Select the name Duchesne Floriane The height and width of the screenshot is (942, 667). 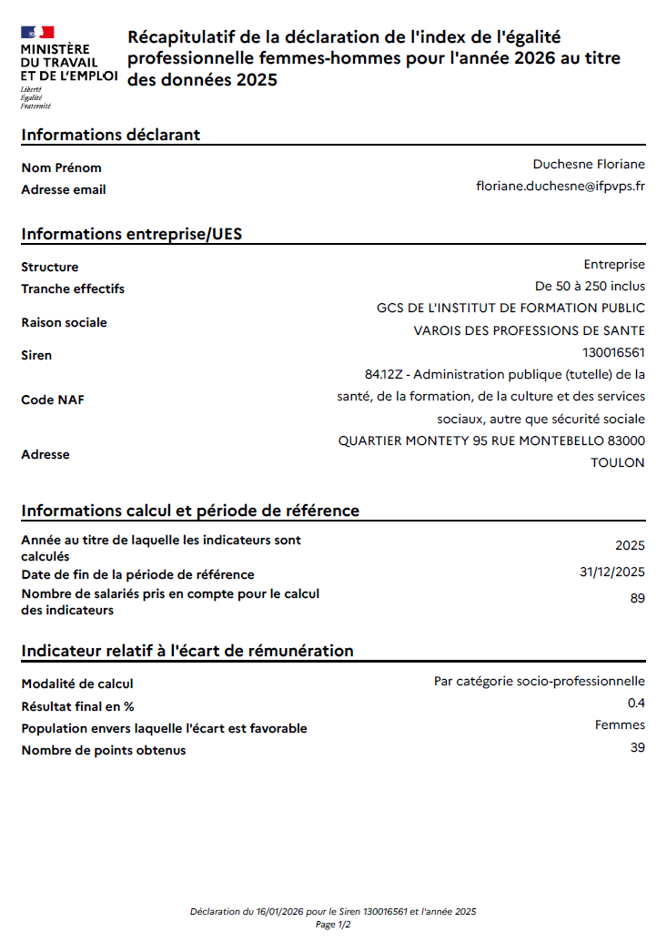(589, 164)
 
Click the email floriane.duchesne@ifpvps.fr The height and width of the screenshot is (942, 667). (561, 186)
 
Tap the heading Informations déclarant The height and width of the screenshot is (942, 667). (110, 135)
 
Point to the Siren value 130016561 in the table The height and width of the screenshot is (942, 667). (613, 352)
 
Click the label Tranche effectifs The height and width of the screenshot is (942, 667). (73, 289)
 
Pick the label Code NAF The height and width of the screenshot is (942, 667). (53, 400)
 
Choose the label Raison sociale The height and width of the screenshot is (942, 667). (64, 322)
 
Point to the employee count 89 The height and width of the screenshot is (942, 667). (637, 598)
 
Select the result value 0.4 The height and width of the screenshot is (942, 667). (636, 704)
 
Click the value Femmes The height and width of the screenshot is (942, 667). (620, 725)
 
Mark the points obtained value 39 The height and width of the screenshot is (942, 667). (637, 747)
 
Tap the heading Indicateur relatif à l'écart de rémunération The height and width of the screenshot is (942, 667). (187, 651)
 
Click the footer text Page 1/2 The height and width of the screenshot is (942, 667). (333, 924)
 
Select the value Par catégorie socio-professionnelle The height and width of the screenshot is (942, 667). (539, 681)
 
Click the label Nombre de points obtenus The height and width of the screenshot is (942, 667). (103, 750)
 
